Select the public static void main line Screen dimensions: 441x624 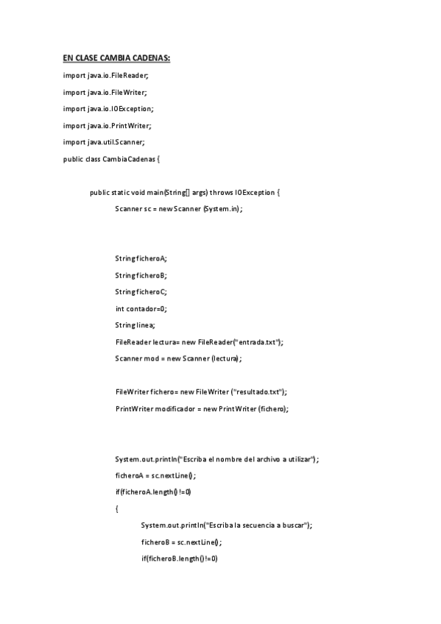tap(185, 192)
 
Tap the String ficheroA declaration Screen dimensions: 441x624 tap(141, 258)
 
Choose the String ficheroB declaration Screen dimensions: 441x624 tap(141, 275)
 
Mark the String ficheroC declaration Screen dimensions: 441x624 tap(141, 291)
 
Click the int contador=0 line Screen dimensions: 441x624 tap(141, 308)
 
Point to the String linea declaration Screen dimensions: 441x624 tap(135, 325)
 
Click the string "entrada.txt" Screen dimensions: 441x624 tap(257, 341)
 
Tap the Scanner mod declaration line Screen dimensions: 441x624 tap(178, 358)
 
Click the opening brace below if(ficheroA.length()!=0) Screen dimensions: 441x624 tap(117, 508)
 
